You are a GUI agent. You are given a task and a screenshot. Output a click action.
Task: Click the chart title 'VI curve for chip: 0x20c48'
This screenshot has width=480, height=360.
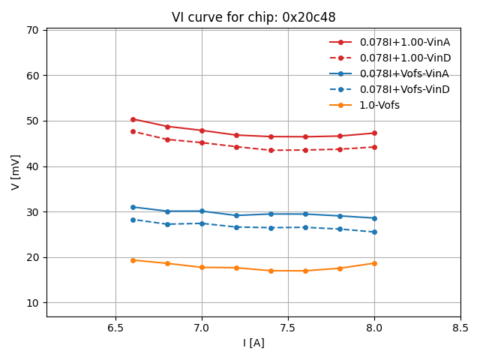(x=253, y=17)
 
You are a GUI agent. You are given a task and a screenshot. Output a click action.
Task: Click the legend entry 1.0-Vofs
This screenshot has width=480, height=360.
(x=379, y=105)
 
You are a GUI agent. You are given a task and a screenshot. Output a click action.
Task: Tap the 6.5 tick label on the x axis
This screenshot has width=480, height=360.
(x=115, y=328)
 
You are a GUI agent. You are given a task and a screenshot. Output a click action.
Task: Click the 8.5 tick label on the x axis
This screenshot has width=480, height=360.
(x=460, y=328)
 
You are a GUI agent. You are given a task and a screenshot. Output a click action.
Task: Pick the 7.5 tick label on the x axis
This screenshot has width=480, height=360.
(x=288, y=328)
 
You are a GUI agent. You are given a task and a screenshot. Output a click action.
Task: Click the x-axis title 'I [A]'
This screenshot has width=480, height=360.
(x=253, y=343)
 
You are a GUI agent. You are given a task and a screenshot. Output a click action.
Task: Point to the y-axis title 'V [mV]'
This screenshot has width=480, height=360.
(x=16, y=172)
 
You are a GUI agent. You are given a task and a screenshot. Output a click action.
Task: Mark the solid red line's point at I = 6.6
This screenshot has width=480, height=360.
(x=133, y=119)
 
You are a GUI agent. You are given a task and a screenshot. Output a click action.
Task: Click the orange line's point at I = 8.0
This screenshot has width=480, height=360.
(x=374, y=263)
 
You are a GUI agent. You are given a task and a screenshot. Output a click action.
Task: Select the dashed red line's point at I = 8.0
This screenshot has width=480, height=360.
(x=374, y=147)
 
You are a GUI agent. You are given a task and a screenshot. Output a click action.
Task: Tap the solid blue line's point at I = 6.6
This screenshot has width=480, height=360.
(x=133, y=207)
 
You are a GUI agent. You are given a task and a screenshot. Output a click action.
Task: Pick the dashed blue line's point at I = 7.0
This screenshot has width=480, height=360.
(x=202, y=223)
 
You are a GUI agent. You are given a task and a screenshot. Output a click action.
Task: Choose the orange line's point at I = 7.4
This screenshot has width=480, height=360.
(x=271, y=271)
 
